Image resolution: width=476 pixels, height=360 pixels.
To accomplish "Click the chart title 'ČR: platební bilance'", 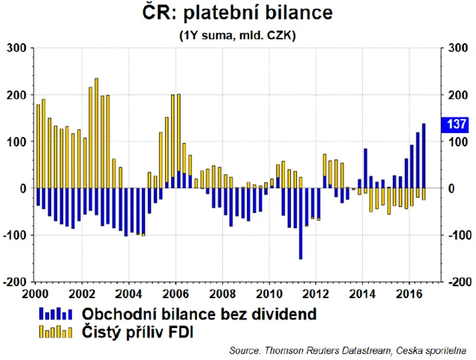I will [x=238, y=14].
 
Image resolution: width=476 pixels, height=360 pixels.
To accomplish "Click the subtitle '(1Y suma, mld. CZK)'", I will [x=238, y=35].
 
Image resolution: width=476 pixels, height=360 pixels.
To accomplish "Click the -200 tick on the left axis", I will [x=16, y=282].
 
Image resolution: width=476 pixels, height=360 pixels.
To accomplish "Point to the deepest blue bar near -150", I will [x=300, y=223].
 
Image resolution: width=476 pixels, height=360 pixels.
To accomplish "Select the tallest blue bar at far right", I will [x=424, y=155].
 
